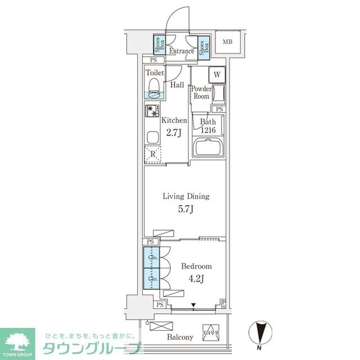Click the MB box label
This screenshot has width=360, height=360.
pyautogui.click(x=227, y=42)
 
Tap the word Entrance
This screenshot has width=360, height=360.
pyautogui.click(x=182, y=51)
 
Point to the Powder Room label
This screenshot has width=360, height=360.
pyautogui.click(x=201, y=93)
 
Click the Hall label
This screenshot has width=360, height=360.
pyautogui.click(x=177, y=85)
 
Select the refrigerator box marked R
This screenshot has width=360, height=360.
pyautogui.click(x=152, y=154)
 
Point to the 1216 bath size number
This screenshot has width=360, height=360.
pyautogui.click(x=208, y=130)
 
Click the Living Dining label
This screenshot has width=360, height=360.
pyautogui.click(x=186, y=197)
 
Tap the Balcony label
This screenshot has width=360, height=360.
pyautogui.click(x=180, y=337)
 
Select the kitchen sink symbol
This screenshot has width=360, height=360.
pyautogui.click(x=153, y=137)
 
